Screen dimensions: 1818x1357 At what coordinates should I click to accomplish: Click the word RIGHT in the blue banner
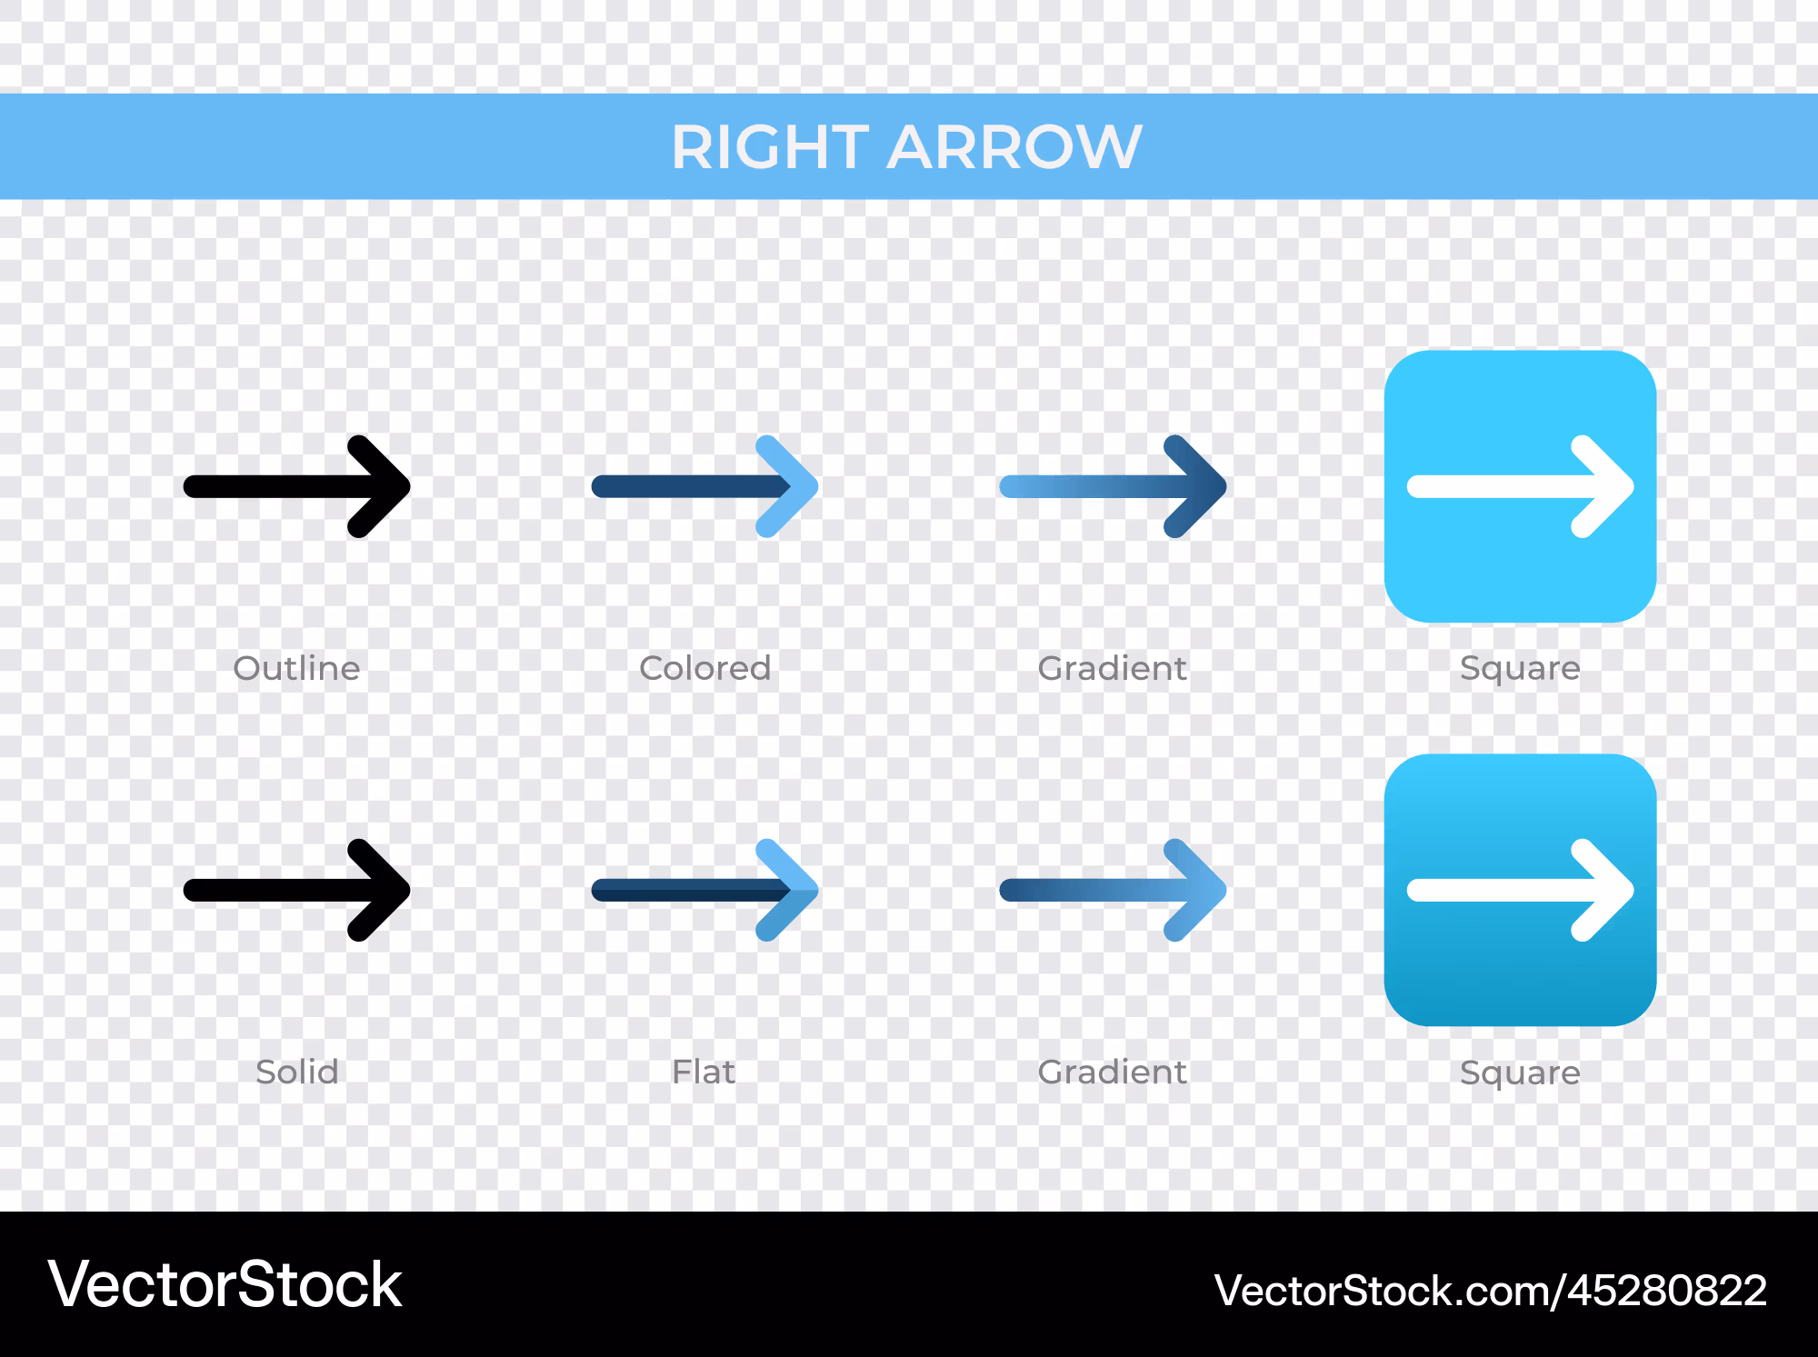coord(768,146)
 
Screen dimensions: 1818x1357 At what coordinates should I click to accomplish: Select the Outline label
coord(296,668)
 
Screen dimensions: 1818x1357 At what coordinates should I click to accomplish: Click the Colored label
coord(704,668)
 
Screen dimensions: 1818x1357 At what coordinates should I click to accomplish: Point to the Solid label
coord(296,1072)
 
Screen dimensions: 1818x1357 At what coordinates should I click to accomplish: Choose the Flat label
coord(704,1072)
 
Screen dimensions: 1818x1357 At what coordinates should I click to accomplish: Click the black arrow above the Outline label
coord(296,486)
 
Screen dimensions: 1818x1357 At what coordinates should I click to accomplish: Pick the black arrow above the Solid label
coord(296,890)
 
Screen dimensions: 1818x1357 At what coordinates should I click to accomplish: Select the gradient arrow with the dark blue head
coord(1113,486)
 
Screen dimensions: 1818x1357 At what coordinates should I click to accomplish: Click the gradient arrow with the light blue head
coord(1113,890)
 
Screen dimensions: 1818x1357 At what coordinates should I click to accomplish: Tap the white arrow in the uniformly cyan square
coord(1520,487)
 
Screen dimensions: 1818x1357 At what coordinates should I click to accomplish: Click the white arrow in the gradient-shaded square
coord(1520,890)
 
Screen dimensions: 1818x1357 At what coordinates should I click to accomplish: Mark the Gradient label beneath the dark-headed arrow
coord(1112,668)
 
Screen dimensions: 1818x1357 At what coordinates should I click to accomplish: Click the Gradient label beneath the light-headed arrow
coord(1112,1072)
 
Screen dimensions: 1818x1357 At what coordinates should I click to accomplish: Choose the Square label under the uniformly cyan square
coord(1520,669)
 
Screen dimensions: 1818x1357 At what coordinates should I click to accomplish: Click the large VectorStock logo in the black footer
coord(225,1284)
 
